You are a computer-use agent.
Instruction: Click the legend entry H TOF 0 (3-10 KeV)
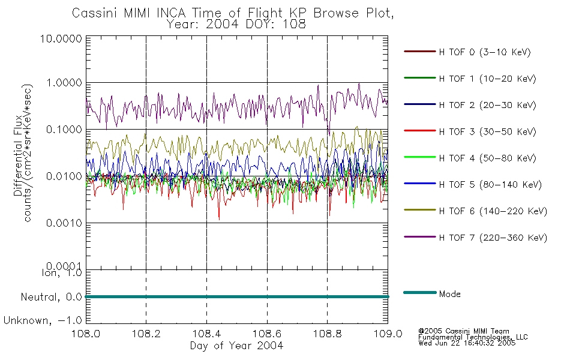tap(485, 52)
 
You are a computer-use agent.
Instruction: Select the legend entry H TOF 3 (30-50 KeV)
tap(487, 131)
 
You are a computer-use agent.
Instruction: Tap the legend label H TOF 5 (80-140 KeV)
tap(490, 185)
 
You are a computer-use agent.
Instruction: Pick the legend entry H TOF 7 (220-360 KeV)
tap(493, 238)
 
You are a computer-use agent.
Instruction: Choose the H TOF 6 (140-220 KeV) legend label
tap(493, 211)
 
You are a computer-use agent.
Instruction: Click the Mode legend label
tap(449, 294)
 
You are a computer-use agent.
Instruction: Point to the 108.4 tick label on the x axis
tap(206, 334)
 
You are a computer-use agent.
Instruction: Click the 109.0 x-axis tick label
tap(388, 334)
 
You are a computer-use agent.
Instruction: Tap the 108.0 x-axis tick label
tap(86, 334)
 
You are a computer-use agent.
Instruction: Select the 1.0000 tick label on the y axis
tap(64, 83)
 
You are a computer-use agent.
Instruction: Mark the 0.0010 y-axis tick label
tap(64, 223)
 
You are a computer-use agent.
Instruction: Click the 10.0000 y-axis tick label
tap(61, 38)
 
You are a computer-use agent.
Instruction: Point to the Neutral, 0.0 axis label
tap(51, 298)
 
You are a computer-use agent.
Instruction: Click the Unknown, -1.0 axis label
tap(43, 321)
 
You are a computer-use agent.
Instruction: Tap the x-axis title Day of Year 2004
tap(236, 346)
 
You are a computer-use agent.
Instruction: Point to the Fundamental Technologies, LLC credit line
tap(473, 337)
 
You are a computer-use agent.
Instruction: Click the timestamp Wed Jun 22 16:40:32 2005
tap(467, 343)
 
